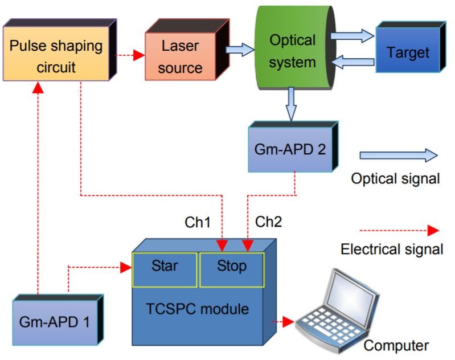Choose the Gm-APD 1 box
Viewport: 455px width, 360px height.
click(54, 321)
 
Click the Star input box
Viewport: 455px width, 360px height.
click(165, 267)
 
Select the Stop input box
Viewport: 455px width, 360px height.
click(231, 267)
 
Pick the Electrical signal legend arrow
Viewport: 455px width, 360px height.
click(399, 231)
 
